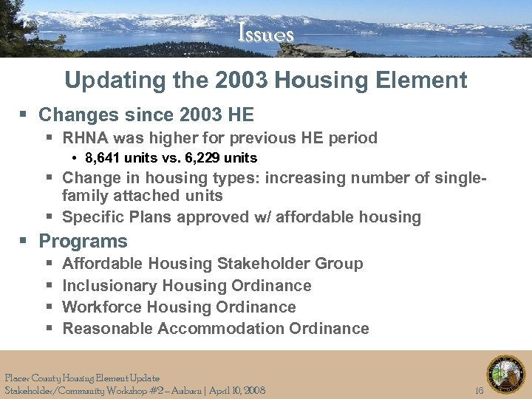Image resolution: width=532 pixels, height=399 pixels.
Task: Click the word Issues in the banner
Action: pos(266,35)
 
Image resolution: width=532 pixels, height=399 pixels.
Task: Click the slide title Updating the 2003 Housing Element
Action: pos(266,80)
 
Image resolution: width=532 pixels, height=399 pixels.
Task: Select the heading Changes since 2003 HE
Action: pos(146,115)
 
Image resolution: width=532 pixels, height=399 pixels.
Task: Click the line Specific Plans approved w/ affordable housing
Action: pos(242,217)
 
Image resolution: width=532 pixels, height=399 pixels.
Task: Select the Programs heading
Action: pos(83,242)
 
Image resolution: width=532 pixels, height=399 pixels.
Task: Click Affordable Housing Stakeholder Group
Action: pos(213,264)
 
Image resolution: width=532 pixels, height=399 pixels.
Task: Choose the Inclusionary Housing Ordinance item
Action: pos(187,286)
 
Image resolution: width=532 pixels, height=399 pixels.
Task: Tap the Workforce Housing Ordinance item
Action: pos(179,307)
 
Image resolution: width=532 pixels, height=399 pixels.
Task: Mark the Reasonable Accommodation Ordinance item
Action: pos(216,329)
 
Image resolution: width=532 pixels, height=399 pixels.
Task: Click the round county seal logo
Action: pos(505,374)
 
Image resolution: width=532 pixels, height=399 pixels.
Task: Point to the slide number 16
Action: pos(479,390)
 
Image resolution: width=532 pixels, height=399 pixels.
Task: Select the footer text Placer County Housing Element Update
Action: pos(82,378)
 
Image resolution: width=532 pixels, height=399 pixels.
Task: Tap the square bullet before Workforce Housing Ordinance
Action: pos(48,307)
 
